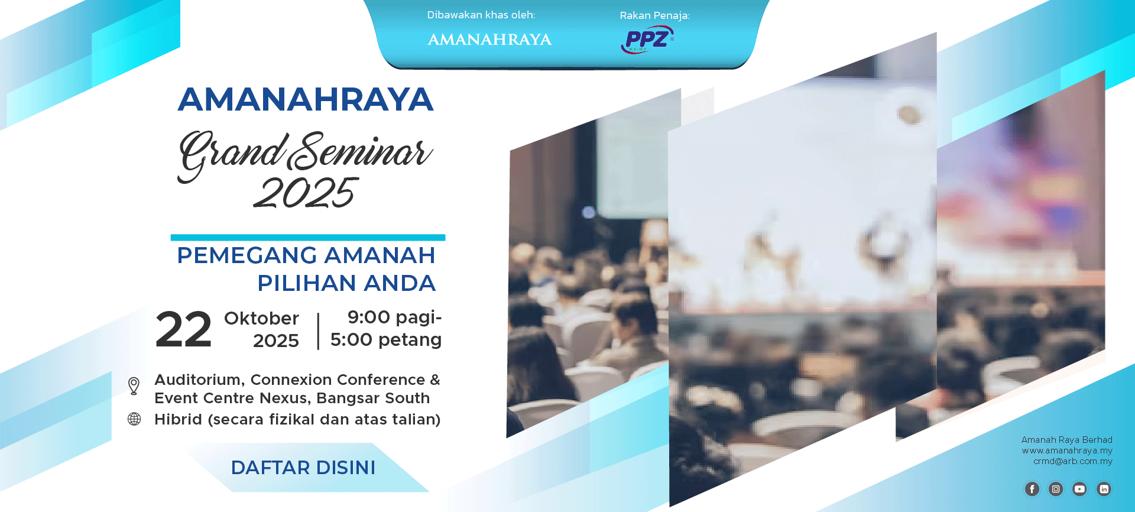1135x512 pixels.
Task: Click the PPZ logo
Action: point(647,40)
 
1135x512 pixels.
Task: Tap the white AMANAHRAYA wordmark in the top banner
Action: point(489,40)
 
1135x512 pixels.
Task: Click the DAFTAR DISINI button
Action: point(303,468)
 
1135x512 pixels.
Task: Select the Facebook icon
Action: point(1032,489)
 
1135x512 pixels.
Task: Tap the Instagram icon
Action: point(1056,489)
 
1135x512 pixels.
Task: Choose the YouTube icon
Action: point(1079,489)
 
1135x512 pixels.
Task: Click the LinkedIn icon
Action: point(1104,489)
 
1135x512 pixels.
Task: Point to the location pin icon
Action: point(134,386)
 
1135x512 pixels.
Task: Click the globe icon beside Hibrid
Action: point(134,419)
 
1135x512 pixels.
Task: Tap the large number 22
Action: point(184,329)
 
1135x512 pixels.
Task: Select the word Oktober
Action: point(261,318)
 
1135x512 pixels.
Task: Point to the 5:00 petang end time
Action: point(386,340)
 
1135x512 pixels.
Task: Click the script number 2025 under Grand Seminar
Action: point(306,193)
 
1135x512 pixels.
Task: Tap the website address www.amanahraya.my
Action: point(1067,451)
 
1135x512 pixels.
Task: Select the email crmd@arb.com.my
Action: point(1073,461)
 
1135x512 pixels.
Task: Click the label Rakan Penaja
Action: point(654,15)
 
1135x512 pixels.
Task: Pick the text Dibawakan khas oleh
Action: point(481,15)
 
